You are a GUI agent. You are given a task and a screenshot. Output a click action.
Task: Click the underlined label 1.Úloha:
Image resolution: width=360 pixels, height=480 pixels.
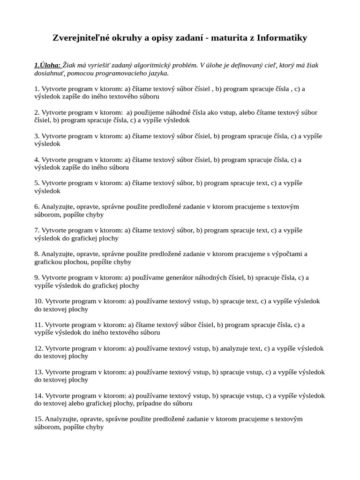pyautogui.click(x=47, y=65)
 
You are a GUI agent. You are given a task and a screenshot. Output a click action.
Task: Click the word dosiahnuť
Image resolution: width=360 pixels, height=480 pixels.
pyautogui.click(x=50, y=73)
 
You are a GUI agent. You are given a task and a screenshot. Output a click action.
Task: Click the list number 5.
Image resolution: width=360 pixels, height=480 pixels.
pyautogui.click(x=37, y=183)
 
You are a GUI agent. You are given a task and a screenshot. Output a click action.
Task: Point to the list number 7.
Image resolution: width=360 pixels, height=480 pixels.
pyautogui.click(x=37, y=230)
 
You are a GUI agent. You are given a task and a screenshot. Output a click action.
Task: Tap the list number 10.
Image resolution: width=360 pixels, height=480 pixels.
pyautogui.click(x=38, y=301)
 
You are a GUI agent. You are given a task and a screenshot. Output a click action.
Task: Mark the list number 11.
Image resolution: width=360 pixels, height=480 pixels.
pyautogui.click(x=38, y=324)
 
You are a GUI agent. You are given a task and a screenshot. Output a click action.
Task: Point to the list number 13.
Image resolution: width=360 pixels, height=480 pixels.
pyautogui.click(x=38, y=372)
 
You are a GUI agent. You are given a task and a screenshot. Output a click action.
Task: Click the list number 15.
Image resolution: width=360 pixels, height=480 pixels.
pyautogui.click(x=38, y=419)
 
